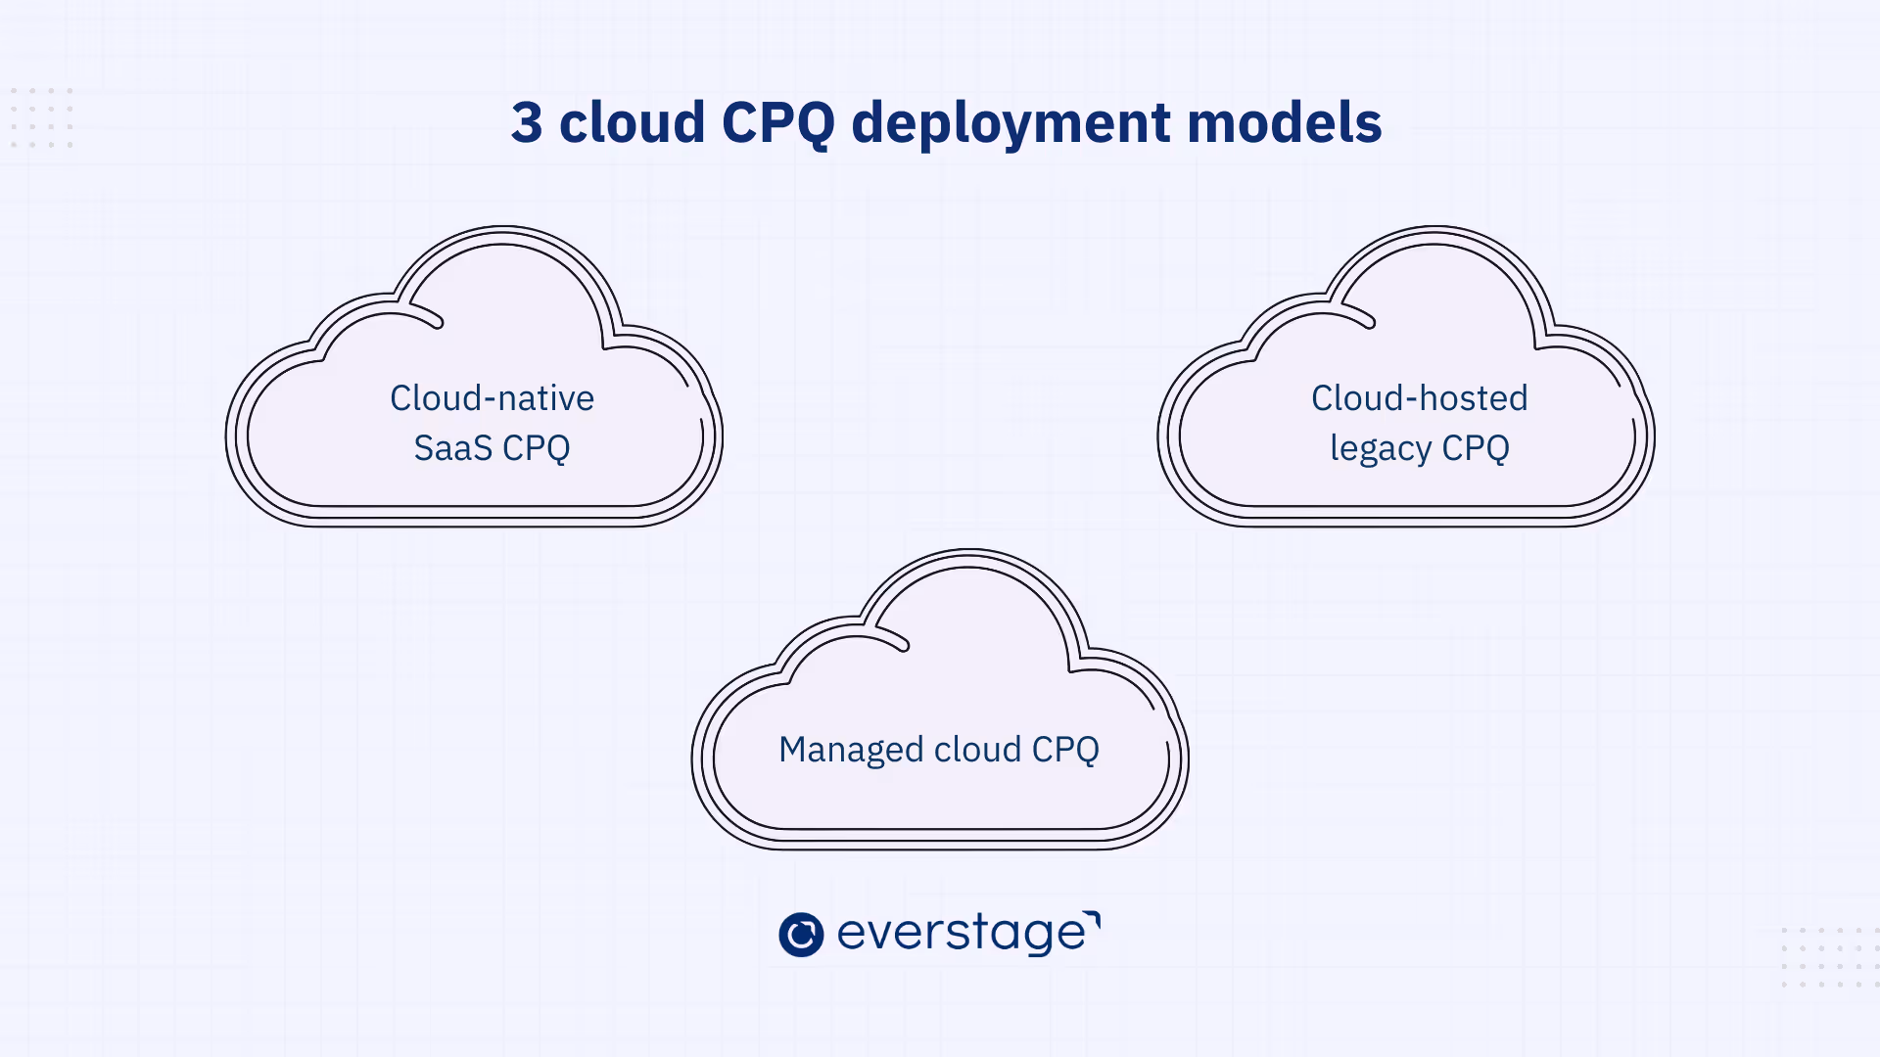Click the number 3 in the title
tap(527, 123)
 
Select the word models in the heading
tap(1284, 123)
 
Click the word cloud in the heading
tap(632, 123)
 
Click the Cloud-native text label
tap(492, 398)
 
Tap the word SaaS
tap(452, 448)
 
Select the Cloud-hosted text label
tap(1419, 398)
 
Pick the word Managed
tap(851, 751)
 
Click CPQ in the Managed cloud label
tap(1065, 751)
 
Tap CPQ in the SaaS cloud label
tap(536, 448)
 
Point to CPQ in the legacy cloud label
tap(1475, 448)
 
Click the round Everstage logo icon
tap(801, 934)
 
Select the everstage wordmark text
tap(961, 934)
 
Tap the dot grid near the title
tap(42, 117)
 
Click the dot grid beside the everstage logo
tap(1827, 957)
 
